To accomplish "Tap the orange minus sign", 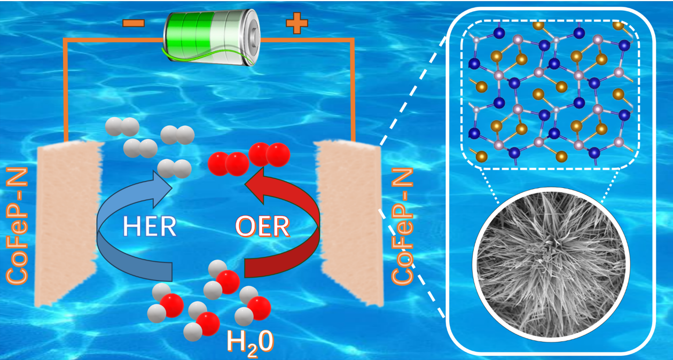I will (x=132, y=23).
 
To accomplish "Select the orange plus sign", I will (x=297, y=23).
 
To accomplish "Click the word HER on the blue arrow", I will (x=149, y=226).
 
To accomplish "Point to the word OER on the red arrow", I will (x=263, y=227).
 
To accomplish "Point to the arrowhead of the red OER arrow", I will (x=256, y=185).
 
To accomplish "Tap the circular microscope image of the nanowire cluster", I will (x=549, y=263).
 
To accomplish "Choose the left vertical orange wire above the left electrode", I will (x=65, y=91).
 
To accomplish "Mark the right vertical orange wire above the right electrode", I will (x=353, y=91).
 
